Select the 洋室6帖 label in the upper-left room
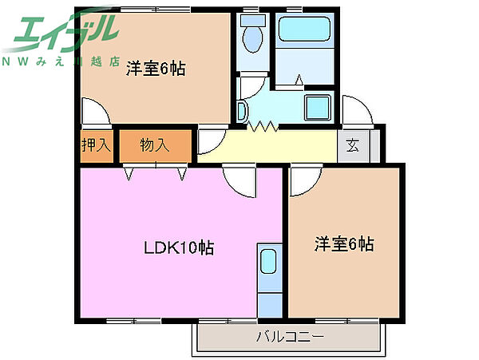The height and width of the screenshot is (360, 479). [156, 69]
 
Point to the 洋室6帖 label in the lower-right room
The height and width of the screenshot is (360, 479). [343, 244]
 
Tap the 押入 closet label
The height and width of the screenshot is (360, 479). [96, 145]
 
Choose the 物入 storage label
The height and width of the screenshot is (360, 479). [155, 145]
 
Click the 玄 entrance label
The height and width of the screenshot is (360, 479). [352, 145]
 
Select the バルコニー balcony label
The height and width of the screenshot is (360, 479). [289, 337]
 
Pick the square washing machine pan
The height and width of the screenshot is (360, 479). [319, 107]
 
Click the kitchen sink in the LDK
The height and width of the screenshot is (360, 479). [269, 261]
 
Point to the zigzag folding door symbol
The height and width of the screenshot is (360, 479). [263, 126]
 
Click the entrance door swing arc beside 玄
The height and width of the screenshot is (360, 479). [354, 109]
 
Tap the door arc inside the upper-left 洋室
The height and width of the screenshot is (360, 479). [92, 112]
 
